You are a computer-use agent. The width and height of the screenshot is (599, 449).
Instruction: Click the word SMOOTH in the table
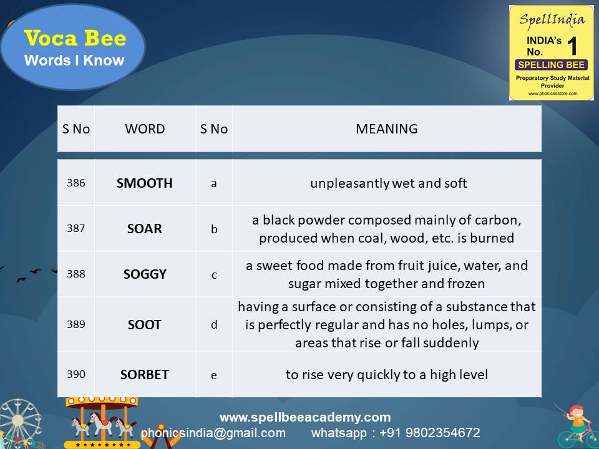tap(145, 183)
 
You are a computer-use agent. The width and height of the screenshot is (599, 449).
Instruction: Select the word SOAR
tap(145, 229)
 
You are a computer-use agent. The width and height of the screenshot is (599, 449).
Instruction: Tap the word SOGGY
tap(145, 274)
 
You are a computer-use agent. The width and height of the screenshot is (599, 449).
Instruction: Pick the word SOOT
tap(145, 325)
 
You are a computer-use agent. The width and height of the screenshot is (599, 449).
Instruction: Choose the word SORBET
tap(145, 375)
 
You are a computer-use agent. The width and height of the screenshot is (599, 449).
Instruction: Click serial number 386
tap(75, 183)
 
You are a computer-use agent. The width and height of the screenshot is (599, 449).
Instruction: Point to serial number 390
tap(75, 375)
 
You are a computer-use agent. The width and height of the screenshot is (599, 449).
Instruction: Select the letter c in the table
tap(214, 274)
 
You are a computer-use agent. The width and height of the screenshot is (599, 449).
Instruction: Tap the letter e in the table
tap(214, 375)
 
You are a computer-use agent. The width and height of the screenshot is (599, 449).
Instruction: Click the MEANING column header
tap(387, 129)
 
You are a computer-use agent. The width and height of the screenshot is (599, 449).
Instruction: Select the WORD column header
tap(145, 129)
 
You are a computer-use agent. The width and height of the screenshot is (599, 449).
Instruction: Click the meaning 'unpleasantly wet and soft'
tap(389, 183)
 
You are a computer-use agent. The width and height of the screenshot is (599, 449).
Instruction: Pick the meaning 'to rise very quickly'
tap(387, 375)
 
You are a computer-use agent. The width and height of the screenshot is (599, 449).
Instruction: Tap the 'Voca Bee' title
tap(75, 39)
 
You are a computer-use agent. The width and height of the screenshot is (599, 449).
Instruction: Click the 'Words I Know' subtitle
tap(74, 60)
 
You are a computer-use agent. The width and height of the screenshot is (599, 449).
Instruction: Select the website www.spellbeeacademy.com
tap(305, 417)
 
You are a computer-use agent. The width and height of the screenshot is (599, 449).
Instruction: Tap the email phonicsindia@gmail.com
tap(213, 433)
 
